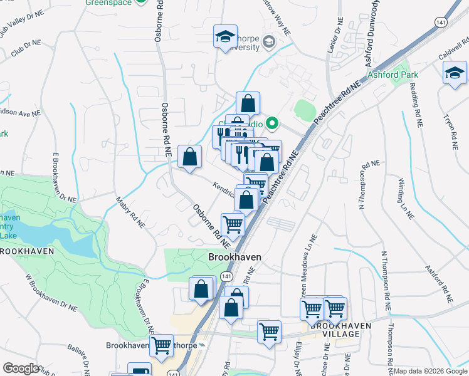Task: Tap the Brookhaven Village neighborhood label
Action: [335, 330]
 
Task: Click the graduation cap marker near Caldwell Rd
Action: [455, 73]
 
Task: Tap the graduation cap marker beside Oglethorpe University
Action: [224, 37]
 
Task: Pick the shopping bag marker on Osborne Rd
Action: [189, 157]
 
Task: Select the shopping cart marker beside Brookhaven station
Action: [162, 344]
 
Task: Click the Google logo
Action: [21, 369]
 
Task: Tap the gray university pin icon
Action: [270, 43]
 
